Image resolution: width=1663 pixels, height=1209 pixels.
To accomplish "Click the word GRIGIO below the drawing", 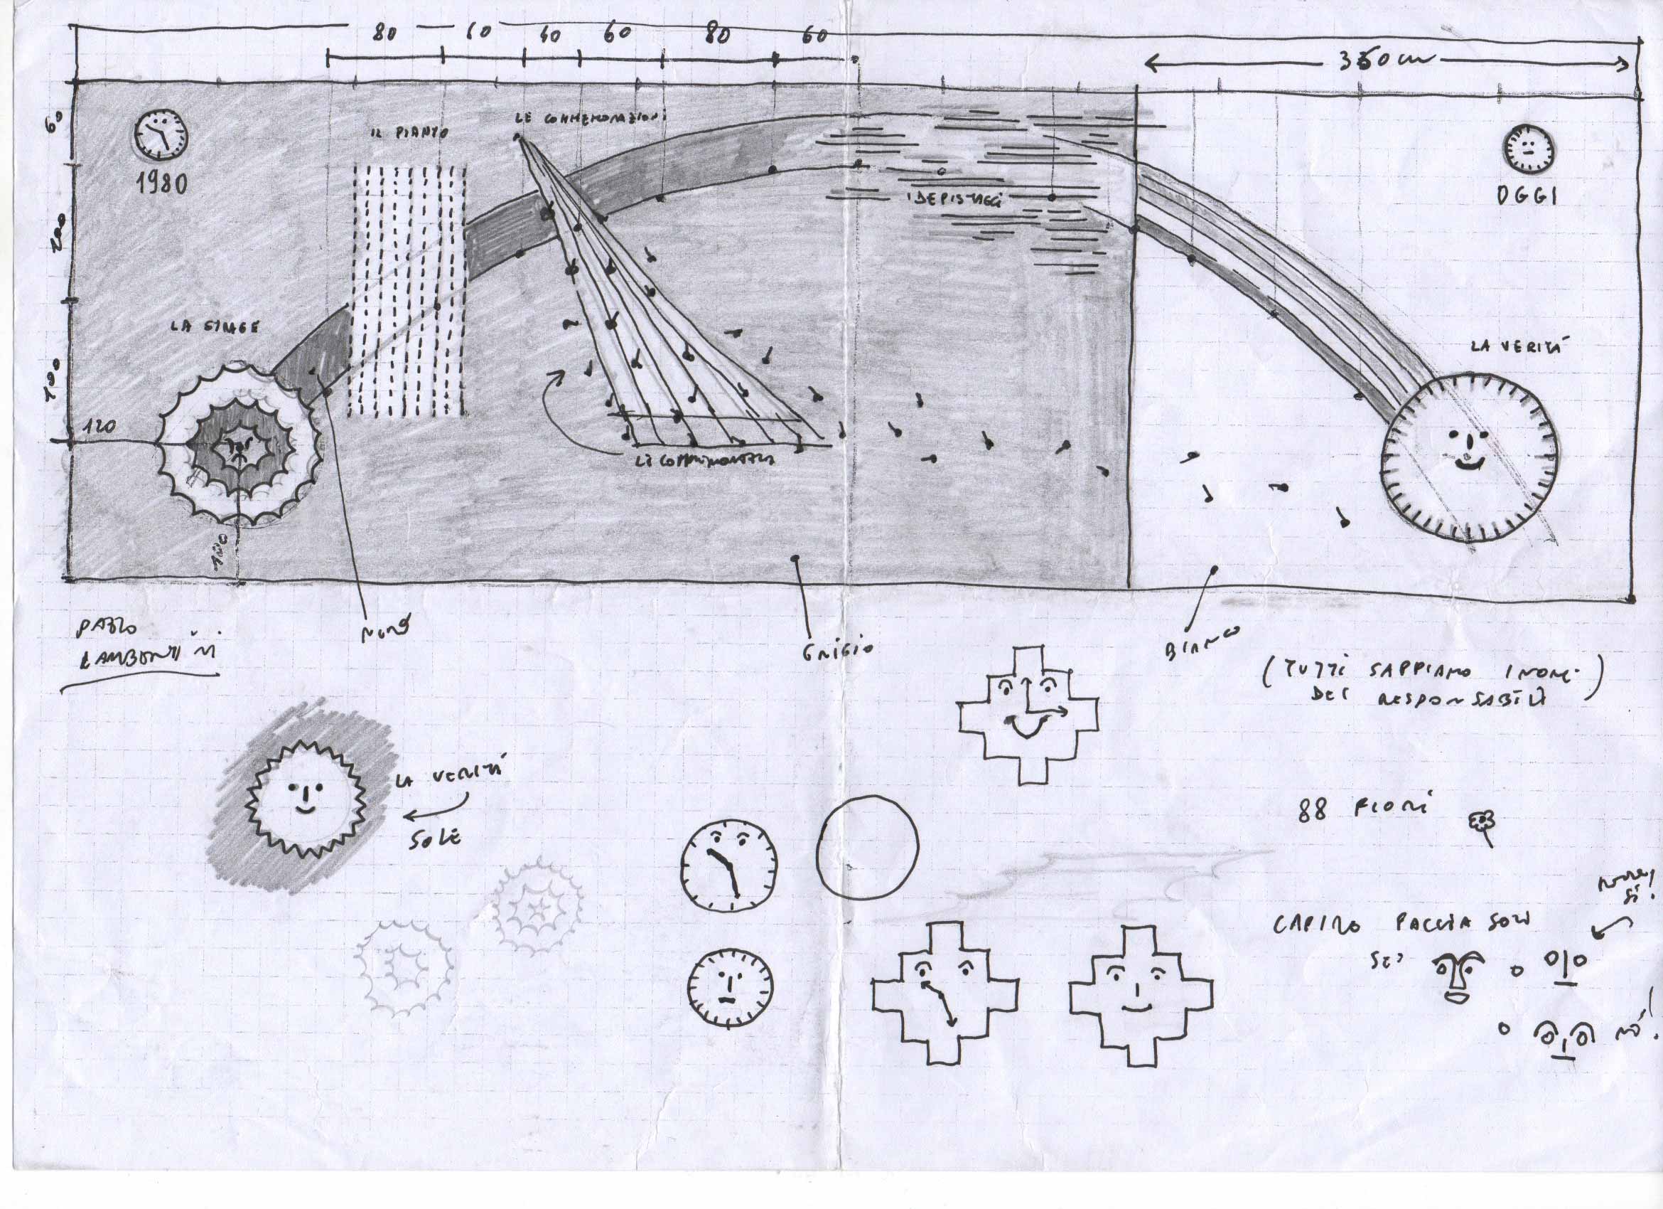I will click(x=836, y=649).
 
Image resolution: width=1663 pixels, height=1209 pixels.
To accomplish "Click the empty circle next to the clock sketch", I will click(x=868, y=843).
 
